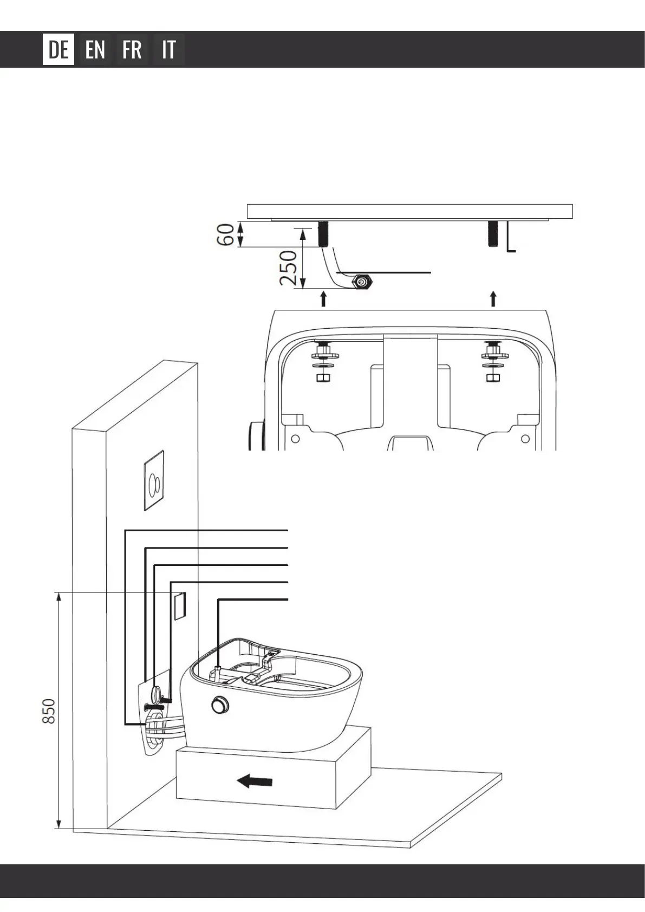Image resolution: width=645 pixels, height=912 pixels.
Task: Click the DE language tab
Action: click(58, 50)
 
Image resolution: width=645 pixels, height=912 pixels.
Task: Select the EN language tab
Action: click(95, 50)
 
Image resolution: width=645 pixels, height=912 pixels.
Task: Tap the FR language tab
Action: click(132, 50)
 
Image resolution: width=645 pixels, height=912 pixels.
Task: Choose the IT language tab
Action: click(169, 50)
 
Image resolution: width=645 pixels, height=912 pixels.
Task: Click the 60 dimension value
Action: click(226, 235)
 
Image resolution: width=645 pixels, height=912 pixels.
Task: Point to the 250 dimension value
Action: click(289, 268)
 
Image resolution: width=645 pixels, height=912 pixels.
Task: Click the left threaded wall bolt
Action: click(323, 234)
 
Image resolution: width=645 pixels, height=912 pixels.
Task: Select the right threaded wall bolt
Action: click(493, 234)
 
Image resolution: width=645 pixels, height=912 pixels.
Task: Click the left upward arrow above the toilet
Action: click(323, 298)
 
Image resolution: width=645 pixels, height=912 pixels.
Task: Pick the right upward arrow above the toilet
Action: click(493, 298)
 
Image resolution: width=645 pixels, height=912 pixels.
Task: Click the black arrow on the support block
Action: click(255, 781)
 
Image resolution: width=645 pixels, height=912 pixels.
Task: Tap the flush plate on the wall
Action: click(154, 480)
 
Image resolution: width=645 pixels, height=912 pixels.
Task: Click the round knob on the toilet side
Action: click(220, 705)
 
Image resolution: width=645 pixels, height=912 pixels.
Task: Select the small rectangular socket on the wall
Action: click(179, 606)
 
